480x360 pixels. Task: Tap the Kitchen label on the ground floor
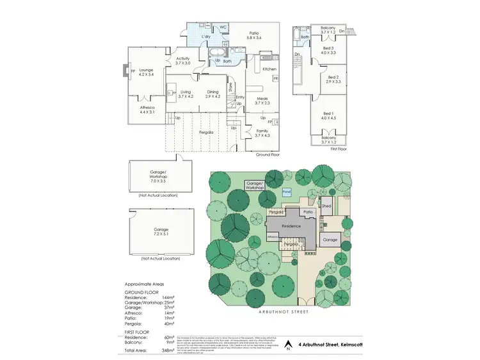pyautogui.click(x=269, y=69)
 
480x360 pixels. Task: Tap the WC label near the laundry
pyautogui.click(x=223, y=27)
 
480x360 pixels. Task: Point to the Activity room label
pyautogui.click(x=183, y=61)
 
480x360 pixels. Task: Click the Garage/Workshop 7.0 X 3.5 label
pyautogui.click(x=154, y=177)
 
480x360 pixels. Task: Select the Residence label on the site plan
pyautogui.click(x=291, y=226)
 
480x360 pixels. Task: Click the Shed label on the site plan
pyautogui.click(x=326, y=206)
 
